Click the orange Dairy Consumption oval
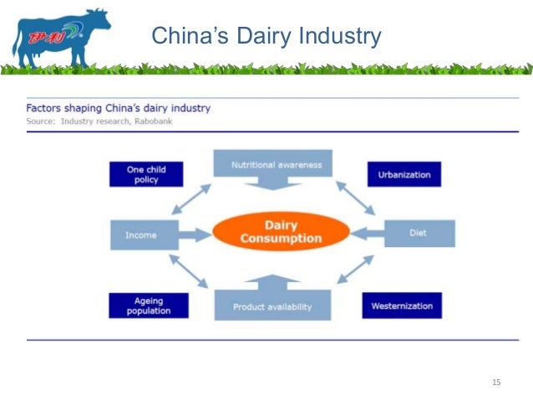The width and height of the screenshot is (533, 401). (x=281, y=233)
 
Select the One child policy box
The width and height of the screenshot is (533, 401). (x=146, y=174)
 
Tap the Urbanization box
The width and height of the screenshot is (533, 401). (x=404, y=174)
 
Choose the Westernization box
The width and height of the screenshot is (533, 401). (x=402, y=306)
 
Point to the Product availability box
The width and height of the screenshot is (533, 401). (x=272, y=306)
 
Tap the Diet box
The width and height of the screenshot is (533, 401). (x=419, y=234)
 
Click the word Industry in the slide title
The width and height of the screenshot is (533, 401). (x=338, y=36)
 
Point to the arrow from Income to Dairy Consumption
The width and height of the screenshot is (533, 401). (x=192, y=235)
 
